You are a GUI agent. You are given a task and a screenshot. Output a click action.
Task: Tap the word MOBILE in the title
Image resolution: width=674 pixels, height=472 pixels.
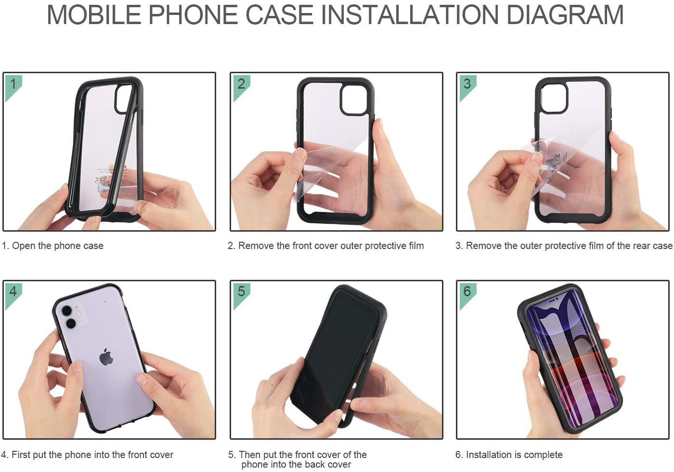click(94, 14)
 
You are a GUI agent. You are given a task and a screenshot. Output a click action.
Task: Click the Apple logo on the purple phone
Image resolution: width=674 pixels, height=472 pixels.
click(106, 357)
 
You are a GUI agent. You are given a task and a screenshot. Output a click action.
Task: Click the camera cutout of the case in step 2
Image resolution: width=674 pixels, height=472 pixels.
click(354, 100)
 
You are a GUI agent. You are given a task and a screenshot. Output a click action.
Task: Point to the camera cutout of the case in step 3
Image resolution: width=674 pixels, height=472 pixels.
click(554, 98)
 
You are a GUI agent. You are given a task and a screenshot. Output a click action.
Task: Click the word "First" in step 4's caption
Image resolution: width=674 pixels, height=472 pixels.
click(21, 454)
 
